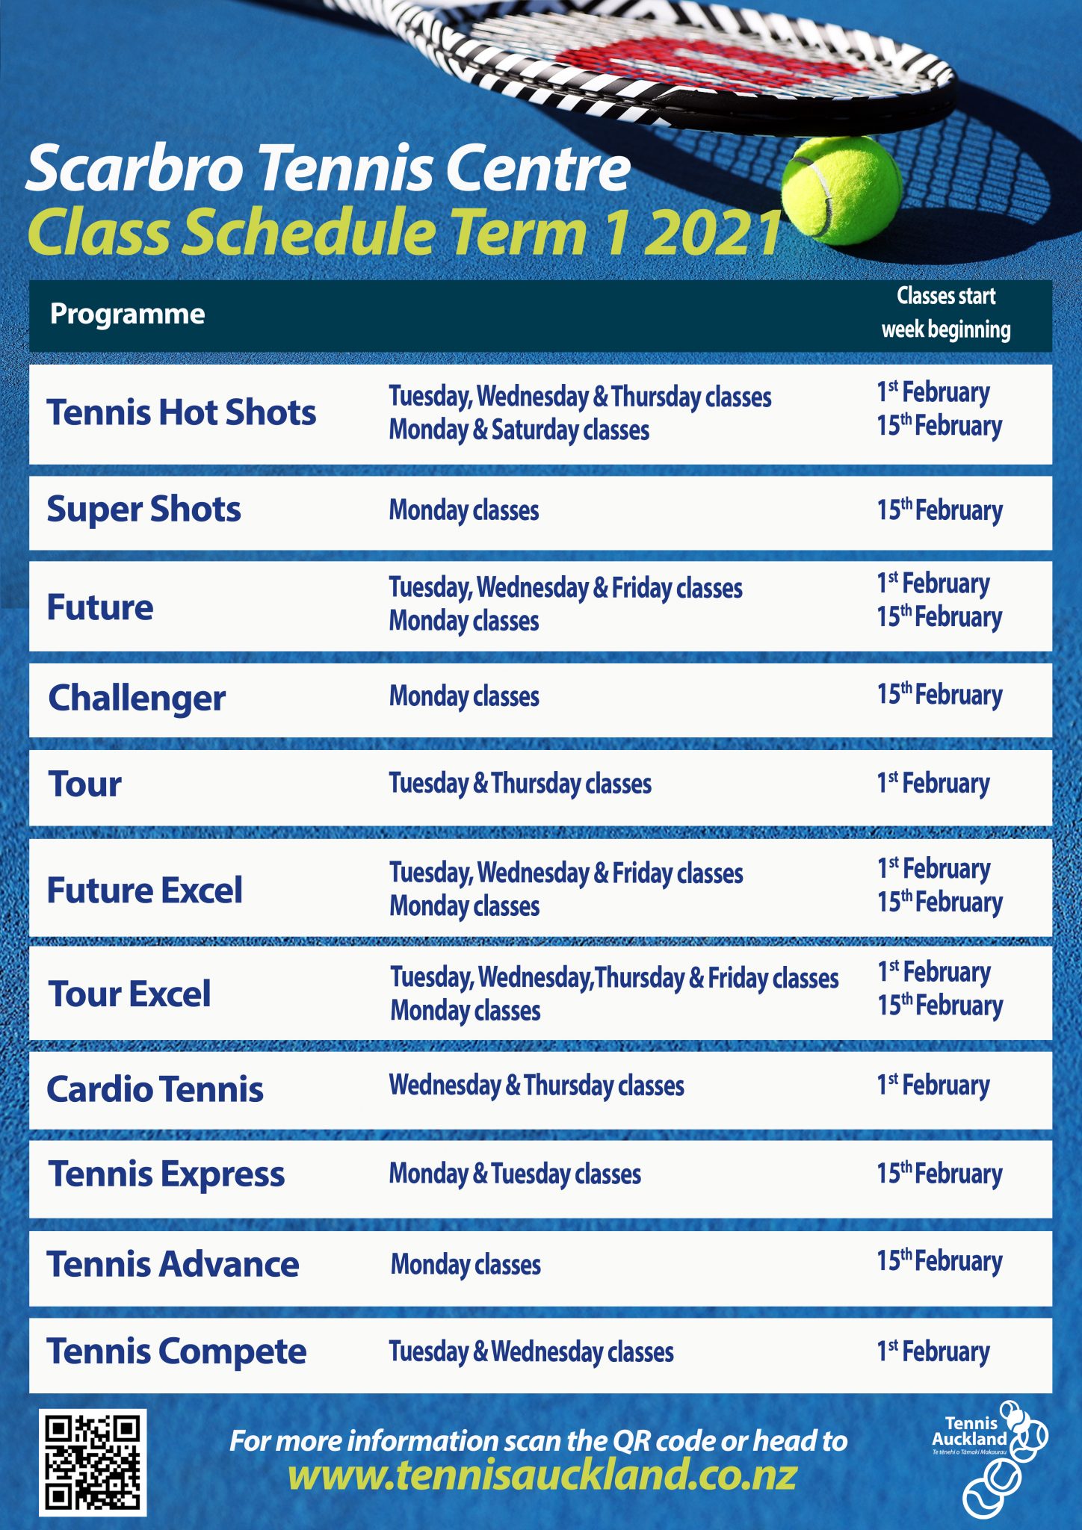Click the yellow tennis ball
841,191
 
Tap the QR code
93,1462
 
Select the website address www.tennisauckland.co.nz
542,1475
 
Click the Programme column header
127,314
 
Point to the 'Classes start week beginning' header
946,313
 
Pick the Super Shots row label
143,510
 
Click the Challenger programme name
137,699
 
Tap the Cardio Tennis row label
155,1089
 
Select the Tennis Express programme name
167,1174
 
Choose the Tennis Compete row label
176,1351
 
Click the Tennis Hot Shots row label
182,412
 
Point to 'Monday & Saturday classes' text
519,430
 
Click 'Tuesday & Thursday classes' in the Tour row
520,784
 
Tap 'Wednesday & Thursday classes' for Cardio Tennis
537,1085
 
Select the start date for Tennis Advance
940,1261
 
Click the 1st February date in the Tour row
933,784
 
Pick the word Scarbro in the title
135,168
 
